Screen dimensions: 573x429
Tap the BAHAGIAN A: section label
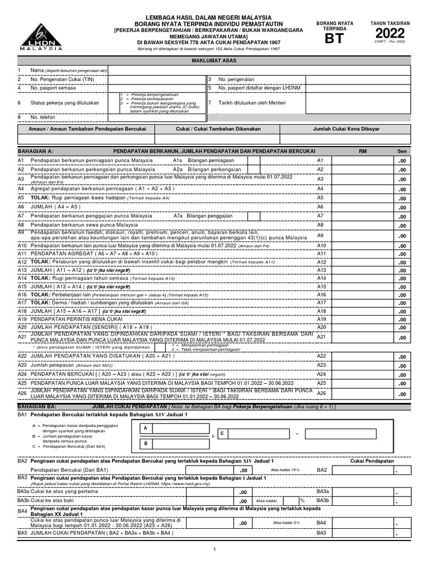point(36,152)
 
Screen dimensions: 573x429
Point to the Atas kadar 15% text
point(285,470)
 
